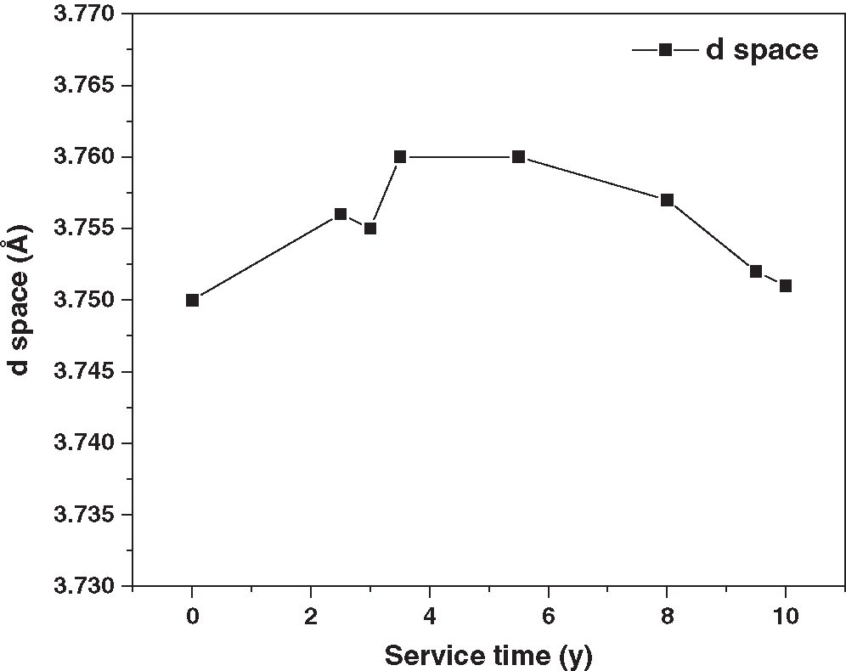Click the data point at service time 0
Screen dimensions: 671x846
(x=193, y=300)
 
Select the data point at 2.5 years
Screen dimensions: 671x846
(x=341, y=214)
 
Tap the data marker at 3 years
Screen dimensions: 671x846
(x=370, y=228)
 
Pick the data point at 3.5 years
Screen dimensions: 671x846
(x=400, y=157)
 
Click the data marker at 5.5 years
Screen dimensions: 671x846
(x=518, y=157)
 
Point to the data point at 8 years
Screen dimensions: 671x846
(x=667, y=200)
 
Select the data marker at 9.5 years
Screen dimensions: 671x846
(x=756, y=272)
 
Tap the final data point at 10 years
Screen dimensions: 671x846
(x=786, y=285)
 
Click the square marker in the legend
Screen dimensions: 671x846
(x=666, y=50)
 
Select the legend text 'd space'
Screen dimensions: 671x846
(x=762, y=50)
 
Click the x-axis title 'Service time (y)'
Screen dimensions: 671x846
(x=488, y=656)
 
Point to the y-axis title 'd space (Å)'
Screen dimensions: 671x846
(x=17, y=300)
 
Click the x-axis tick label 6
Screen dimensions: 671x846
(x=549, y=616)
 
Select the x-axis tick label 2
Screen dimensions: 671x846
(x=311, y=616)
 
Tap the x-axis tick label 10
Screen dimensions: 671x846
(x=786, y=616)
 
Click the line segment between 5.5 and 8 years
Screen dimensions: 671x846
(x=593, y=179)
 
